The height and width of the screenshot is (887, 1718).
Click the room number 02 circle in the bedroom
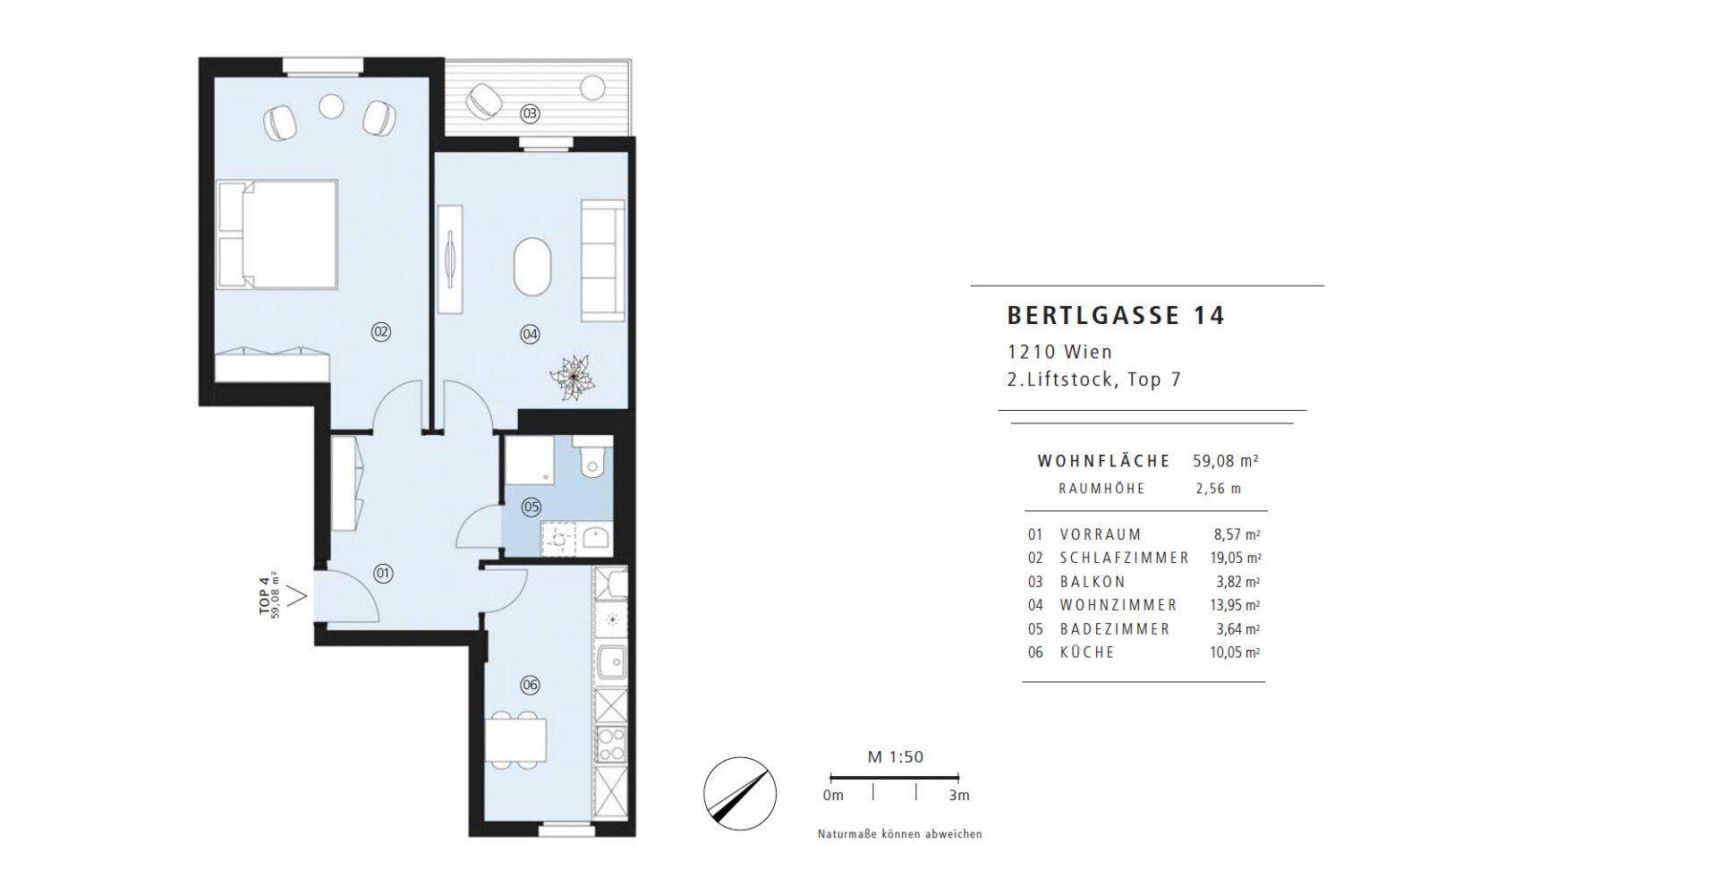381,332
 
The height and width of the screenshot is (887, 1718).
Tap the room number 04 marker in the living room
531,334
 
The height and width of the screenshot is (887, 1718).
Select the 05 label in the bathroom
532,507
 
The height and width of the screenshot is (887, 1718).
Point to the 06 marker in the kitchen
530,685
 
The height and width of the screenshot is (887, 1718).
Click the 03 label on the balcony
531,114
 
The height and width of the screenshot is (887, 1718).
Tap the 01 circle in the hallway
383,573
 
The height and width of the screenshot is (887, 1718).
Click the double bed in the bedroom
278,235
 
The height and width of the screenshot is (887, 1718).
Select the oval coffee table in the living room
532,267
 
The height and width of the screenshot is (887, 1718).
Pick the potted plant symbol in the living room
572,376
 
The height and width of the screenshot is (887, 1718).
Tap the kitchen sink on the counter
612,663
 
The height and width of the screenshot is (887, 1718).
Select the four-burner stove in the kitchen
613,744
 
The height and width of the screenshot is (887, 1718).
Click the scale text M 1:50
896,757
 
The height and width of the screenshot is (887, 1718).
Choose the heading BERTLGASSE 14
1116,315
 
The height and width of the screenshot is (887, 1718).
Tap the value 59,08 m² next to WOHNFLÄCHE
1226,461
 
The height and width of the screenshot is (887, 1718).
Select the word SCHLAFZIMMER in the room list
1125,558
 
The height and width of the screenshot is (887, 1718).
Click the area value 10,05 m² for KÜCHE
1235,652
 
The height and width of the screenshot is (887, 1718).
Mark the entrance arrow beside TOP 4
299,593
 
